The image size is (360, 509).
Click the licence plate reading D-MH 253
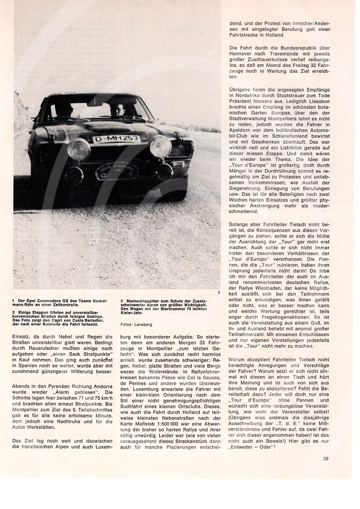(116, 139)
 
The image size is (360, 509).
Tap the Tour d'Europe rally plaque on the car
(116, 170)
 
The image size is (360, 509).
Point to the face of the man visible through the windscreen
(118, 109)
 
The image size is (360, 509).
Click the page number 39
(325, 442)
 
